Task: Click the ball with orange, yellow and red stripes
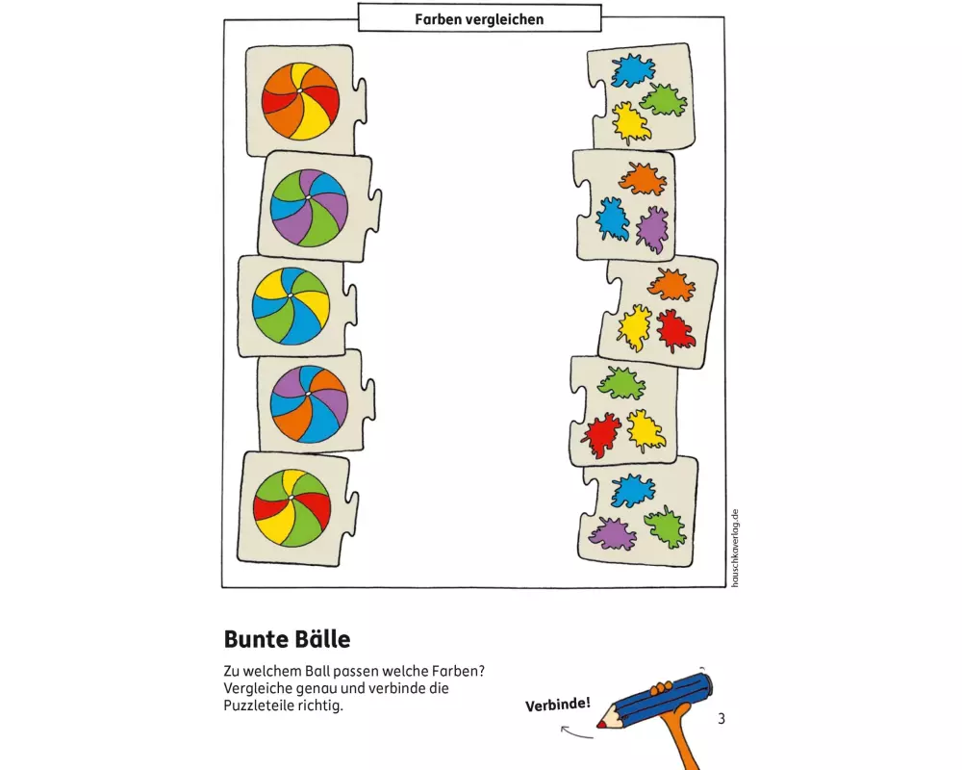[300, 101]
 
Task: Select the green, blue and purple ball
[309, 208]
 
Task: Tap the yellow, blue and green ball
[291, 305]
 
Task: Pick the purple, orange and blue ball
[309, 403]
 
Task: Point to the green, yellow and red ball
[292, 508]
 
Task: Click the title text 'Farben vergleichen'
[479, 19]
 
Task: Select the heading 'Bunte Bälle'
[287, 638]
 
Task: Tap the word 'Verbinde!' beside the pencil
[558, 705]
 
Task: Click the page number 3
[721, 718]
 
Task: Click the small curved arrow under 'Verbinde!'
[575, 731]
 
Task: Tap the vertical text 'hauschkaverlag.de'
[735, 548]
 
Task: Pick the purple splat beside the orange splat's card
[652, 229]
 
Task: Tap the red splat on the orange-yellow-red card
[675, 330]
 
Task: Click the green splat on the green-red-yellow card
[620, 382]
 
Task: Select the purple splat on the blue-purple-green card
[612, 533]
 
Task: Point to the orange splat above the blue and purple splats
[643, 179]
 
